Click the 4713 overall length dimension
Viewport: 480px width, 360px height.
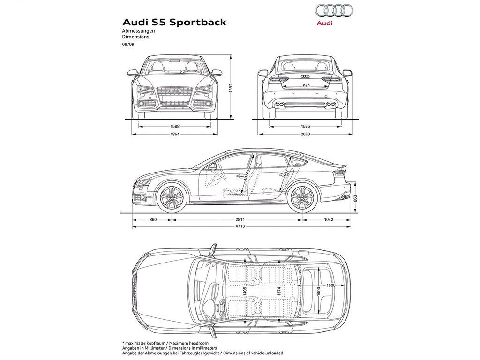coord(240,226)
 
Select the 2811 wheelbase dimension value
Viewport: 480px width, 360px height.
coord(240,219)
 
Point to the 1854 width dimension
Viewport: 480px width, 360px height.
coord(175,134)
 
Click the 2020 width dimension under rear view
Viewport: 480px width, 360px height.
coord(305,134)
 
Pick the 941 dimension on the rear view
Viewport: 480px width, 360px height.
coord(307,86)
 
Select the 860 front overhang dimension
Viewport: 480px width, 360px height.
coord(153,219)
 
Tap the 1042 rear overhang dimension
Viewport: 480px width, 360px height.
coord(329,219)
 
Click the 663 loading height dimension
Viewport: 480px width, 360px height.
coord(355,198)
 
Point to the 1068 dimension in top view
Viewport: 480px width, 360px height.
coord(330,285)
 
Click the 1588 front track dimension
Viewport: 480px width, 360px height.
coord(175,126)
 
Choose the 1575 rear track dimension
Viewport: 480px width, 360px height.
coord(305,126)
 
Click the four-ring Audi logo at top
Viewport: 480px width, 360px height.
coord(334,10)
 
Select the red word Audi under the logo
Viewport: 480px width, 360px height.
coord(324,23)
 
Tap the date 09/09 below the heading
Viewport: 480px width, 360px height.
coord(128,44)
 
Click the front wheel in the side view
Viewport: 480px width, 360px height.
coord(172,197)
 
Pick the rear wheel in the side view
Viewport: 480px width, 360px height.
coord(302,197)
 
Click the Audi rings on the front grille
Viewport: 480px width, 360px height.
coord(174,91)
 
